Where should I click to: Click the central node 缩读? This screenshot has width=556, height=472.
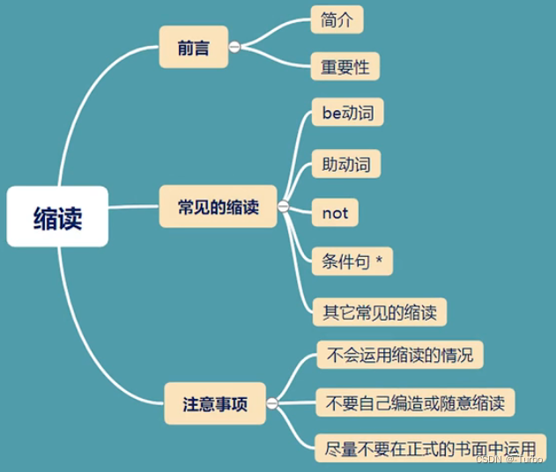(57, 216)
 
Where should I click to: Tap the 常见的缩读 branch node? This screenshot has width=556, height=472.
(219, 208)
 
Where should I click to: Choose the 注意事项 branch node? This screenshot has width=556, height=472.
(214, 404)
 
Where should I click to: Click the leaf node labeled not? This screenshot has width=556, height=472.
(336, 213)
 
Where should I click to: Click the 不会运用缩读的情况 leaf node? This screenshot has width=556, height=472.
(399, 357)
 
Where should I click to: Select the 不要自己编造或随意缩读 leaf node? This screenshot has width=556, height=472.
(415, 404)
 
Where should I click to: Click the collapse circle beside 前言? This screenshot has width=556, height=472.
(234, 47)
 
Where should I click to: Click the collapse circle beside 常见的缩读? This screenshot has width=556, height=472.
(283, 208)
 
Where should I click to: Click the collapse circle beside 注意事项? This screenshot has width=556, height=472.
(271, 404)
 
